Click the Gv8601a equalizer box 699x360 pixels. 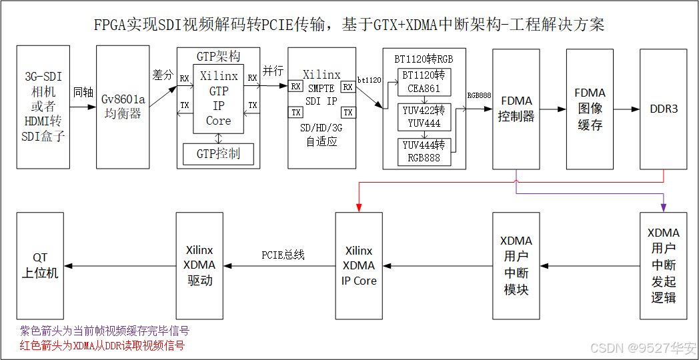click(x=122, y=107)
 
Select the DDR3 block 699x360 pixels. click(x=663, y=108)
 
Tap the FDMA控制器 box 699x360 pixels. click(x=516, y=108)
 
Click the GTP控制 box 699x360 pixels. click(x=218, y=154)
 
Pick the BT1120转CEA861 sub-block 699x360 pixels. click(x=424, y=81)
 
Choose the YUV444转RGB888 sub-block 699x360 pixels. click(x=424, y=151)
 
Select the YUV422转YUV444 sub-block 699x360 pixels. click(x=424, y=117)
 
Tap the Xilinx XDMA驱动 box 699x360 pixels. click(x=199, y=265)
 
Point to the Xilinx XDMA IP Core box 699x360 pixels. click(x=359, y=265)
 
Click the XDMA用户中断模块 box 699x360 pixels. click(x=516, y=265)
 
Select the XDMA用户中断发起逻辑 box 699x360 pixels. click(x=663, y=265)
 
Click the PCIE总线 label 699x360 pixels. click(x=283, y=255)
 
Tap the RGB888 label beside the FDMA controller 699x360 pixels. click(x=479, y=95)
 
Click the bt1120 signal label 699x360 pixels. click(x=369, y=80)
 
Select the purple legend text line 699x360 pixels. click(x=105, y=331)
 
